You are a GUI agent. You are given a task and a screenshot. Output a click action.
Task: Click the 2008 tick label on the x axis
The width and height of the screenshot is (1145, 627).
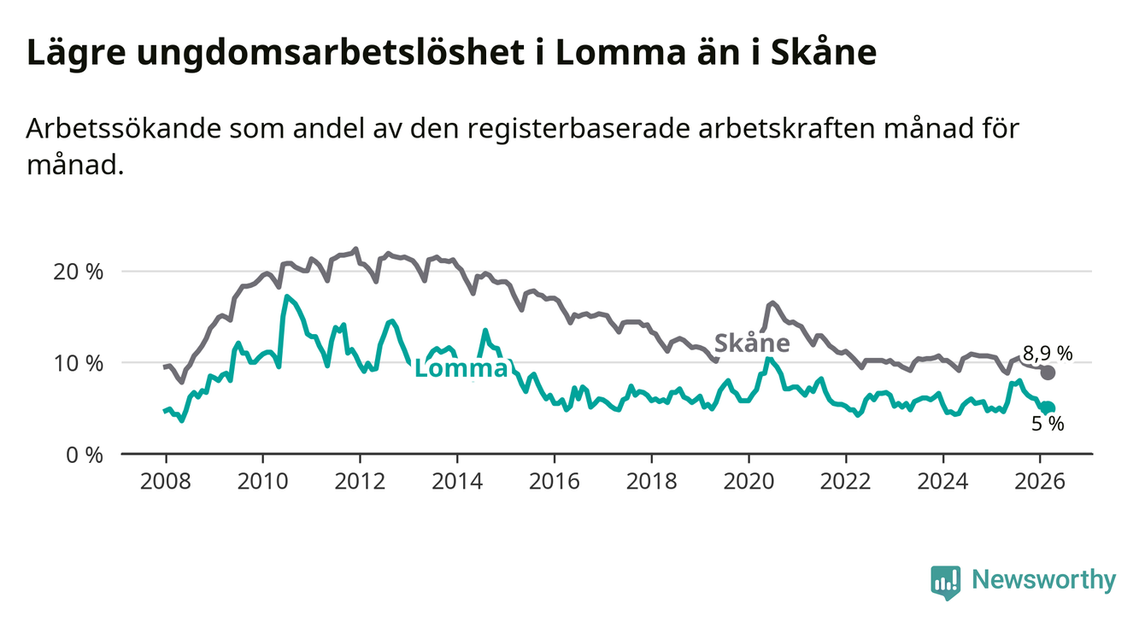(x=165, y=479)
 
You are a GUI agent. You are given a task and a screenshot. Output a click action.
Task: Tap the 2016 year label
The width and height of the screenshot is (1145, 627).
(x=554, y=479)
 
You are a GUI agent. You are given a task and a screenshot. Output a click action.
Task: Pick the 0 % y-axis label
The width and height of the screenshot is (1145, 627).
(x=85, y=454)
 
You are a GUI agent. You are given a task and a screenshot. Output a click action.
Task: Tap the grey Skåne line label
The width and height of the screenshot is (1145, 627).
(x=751, y=343)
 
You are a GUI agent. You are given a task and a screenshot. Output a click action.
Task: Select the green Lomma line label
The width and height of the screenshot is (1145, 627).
(x=460, y=369)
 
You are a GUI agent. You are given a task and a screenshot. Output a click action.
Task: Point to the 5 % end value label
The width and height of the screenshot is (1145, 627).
(x=1047, y=423)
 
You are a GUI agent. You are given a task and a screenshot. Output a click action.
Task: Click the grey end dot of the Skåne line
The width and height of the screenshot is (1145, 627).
(x=1048, y=372)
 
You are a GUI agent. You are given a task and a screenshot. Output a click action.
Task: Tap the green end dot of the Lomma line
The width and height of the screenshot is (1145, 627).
(x=1048, y=408)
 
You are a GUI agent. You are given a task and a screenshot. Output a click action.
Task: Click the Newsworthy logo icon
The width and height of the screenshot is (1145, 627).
(x=945, y=582)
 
